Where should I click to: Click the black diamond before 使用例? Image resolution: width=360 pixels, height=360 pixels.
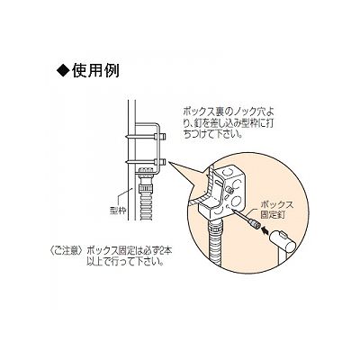point(62,71)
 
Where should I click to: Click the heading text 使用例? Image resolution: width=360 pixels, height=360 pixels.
point(95,71)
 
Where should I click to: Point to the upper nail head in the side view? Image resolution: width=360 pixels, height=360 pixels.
point(161,137)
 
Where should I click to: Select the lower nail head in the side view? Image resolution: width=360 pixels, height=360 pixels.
point(161,162)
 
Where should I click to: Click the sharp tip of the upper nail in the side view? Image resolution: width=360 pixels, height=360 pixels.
point(126,138)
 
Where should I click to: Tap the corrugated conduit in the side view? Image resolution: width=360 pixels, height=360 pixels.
point(147,207)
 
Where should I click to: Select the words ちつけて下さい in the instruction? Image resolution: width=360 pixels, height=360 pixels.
point(211,133)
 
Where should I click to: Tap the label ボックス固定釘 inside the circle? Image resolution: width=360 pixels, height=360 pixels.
point(276,210)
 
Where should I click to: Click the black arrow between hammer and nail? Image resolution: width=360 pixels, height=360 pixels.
point(265,231)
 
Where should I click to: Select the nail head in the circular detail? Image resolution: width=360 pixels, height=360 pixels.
point(255,224)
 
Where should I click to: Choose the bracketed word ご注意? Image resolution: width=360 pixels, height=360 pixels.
point(65,250)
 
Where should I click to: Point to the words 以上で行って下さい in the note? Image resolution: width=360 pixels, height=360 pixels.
point(125,262)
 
